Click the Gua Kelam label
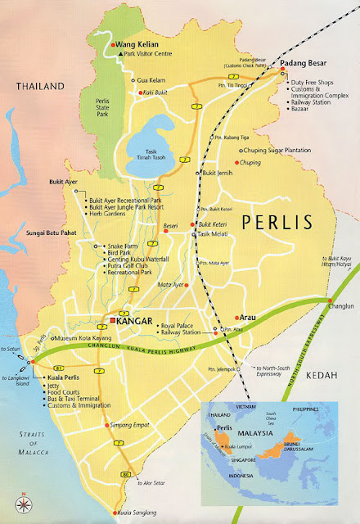click(152, 79)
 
